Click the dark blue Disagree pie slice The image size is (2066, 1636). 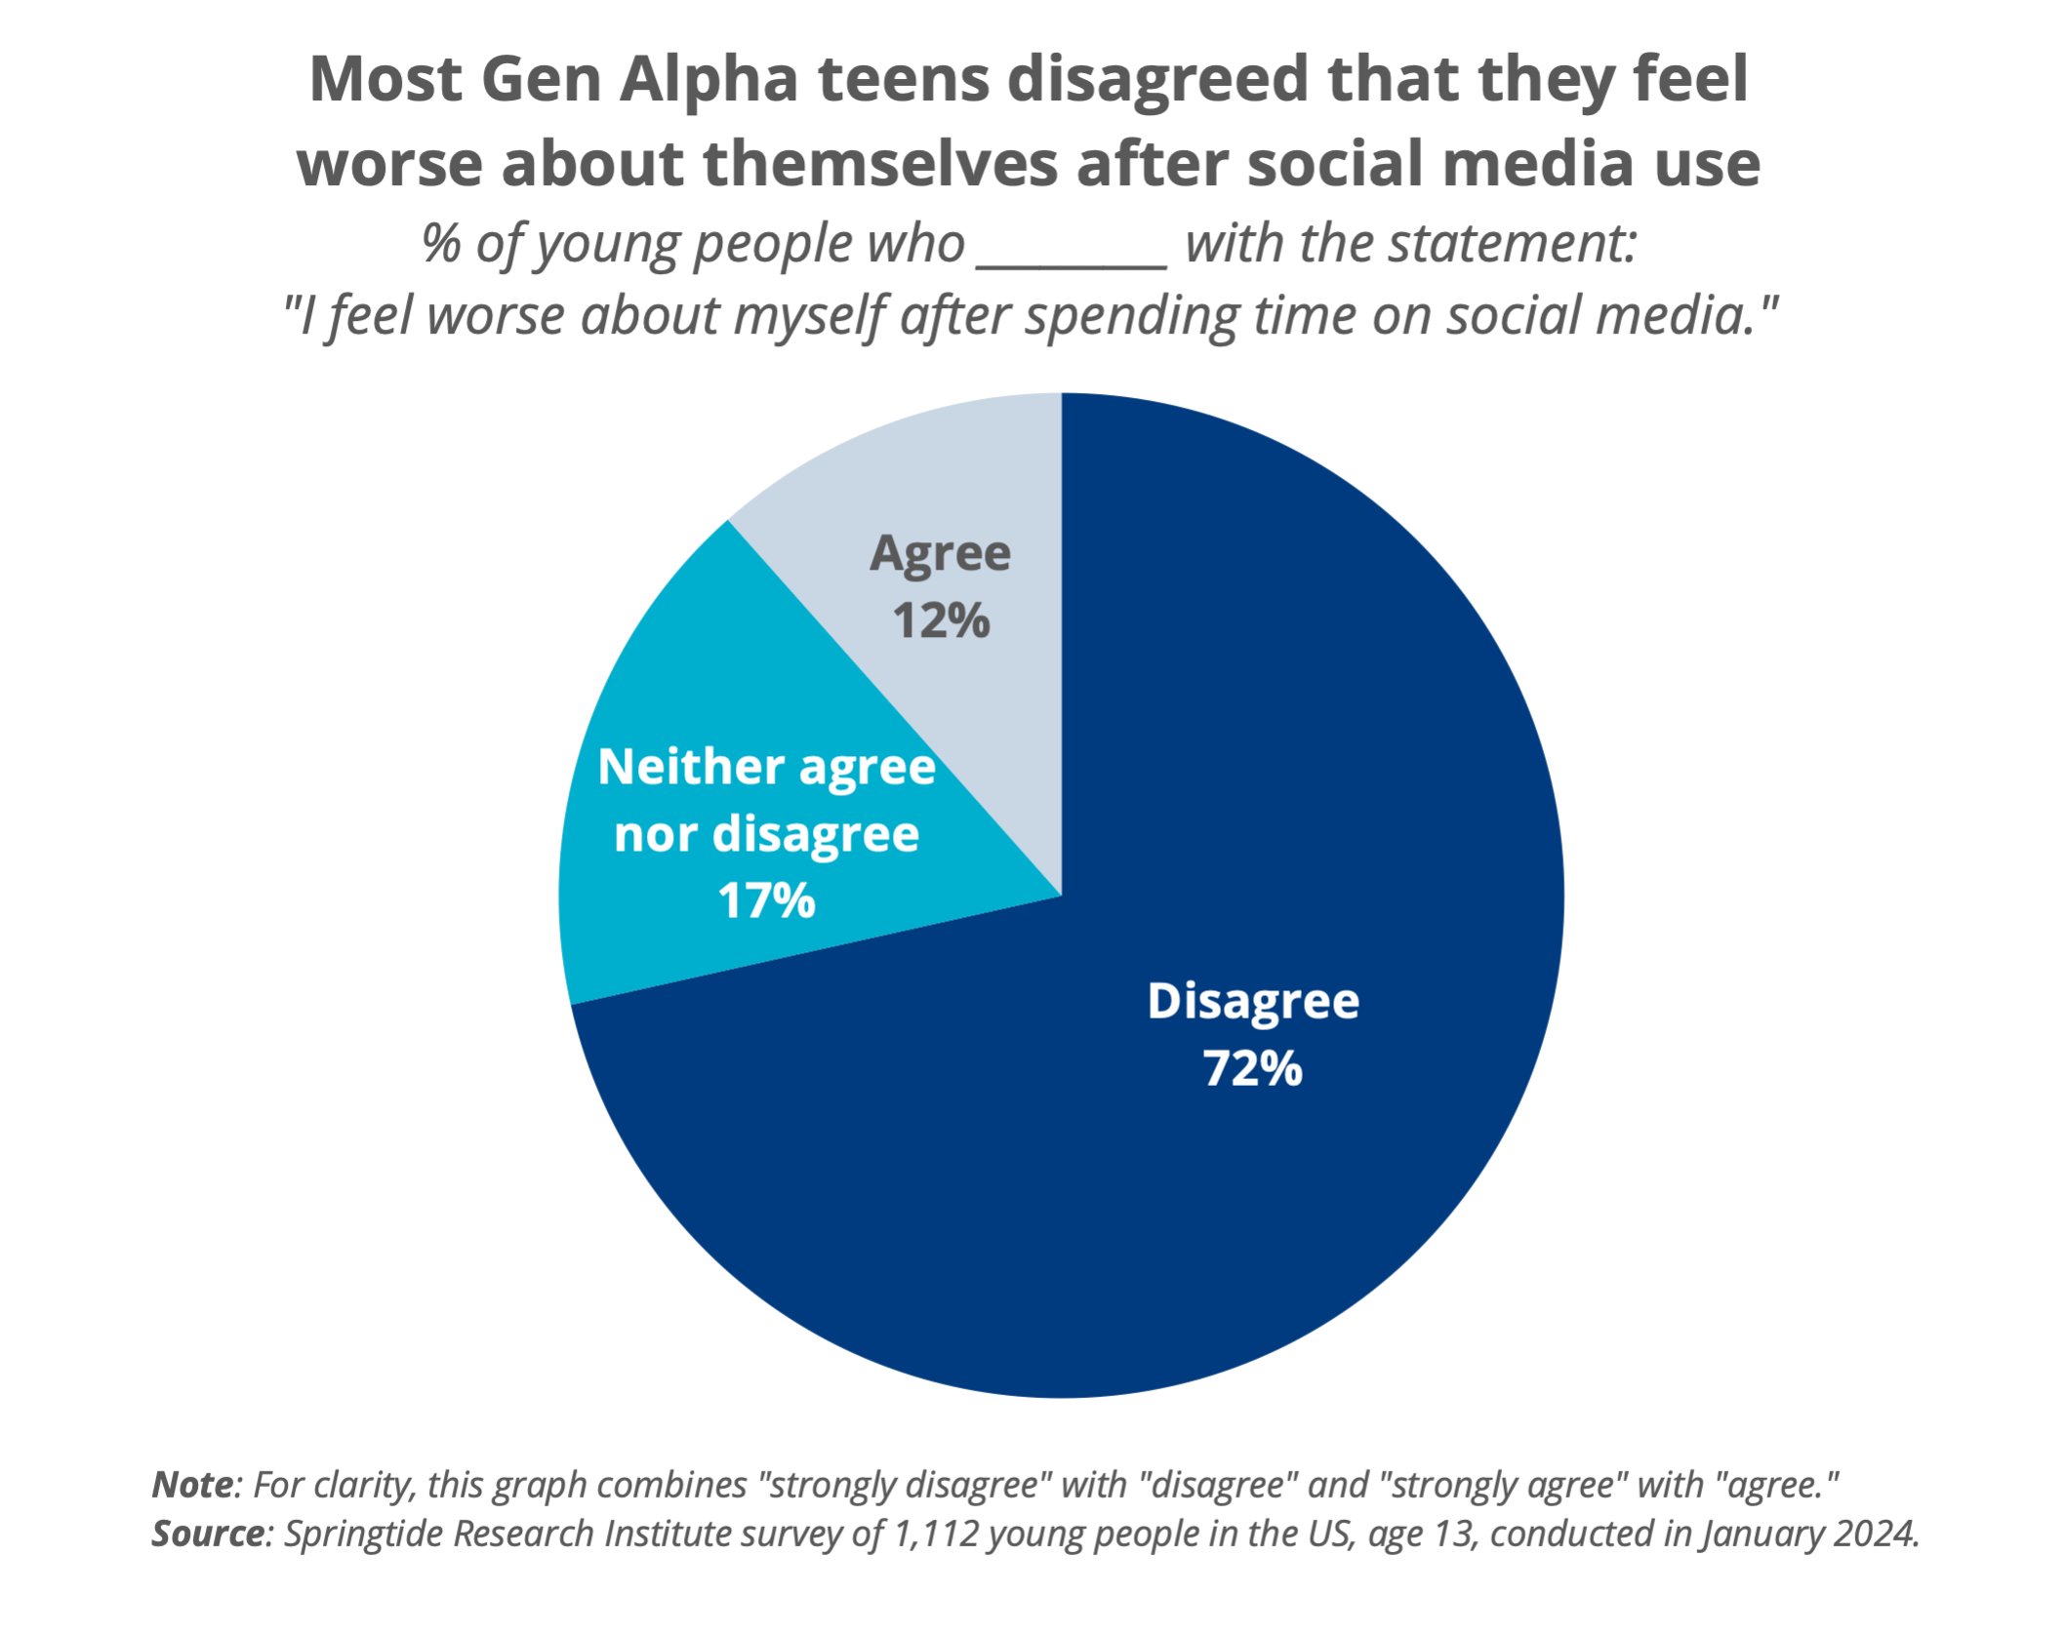tap(1220, 1122)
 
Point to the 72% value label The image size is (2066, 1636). tap(1252, 1068)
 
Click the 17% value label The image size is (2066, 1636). tap(766, 900)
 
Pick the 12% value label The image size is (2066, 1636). tap(941, 620)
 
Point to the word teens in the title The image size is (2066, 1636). tap(904, 80)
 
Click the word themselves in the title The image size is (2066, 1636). tap(879, 163)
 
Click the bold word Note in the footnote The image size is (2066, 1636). tap(193, 1485)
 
